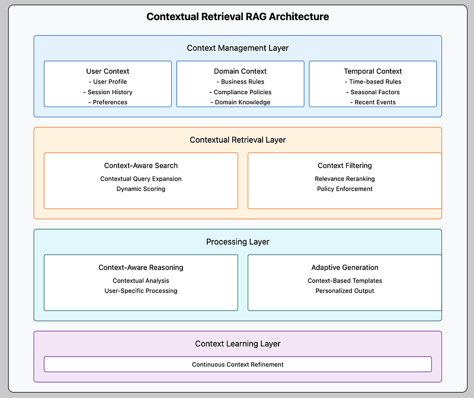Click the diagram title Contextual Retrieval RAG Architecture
click(238, 17)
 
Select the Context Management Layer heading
click(238, 48)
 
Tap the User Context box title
click(108, 71)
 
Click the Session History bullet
click(108, 92)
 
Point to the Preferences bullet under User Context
click(108, 102)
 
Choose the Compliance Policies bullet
click(241, 92)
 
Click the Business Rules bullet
click(241, 82)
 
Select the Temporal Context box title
click(373, 71)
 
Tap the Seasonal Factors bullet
click(373, 92)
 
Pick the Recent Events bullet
click(373, 102)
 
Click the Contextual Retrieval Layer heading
click(238, 140)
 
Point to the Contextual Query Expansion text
click(141, 179)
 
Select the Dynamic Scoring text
click(141, 189)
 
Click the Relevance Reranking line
click(345, 179)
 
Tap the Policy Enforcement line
click(345, 189)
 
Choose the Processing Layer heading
click(238, 242)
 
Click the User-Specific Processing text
click(141, 291)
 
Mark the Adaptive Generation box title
click(345, 268)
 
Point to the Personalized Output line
click(345, 291)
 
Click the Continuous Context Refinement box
click(238, 364)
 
